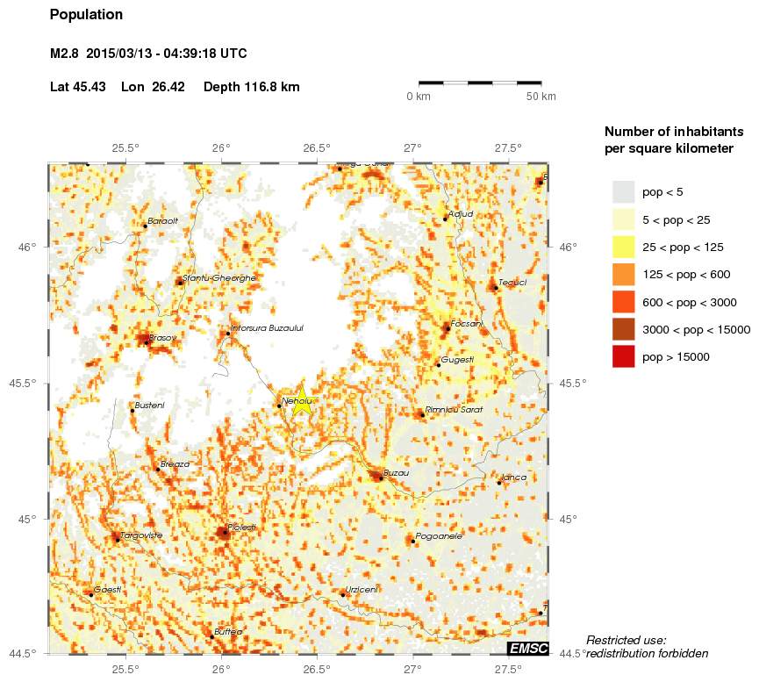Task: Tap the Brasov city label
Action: (162, 337)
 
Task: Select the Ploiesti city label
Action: (243, 527)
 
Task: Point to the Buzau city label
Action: (397, 472)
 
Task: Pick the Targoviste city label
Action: (140, 535)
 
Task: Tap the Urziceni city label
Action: (362, 590)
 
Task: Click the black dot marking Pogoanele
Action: (412, 541)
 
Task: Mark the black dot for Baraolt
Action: (145, 226)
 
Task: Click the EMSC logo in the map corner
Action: (528, 649)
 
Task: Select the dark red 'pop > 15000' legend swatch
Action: (623, 356)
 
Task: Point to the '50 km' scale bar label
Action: (541, 97)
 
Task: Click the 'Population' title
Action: (87, 15)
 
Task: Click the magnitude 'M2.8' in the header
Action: (65, 54)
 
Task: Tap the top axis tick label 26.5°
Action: (317, 148)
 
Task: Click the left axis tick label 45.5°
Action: (27, 384)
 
